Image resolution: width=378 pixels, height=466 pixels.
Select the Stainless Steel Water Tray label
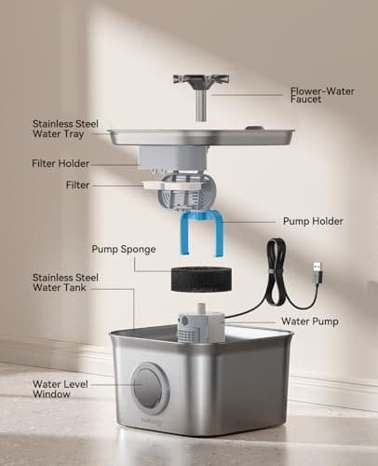68,130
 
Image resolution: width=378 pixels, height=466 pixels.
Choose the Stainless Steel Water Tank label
68,283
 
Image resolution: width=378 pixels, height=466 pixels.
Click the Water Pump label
311,322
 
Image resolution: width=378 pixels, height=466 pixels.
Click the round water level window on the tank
149,389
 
